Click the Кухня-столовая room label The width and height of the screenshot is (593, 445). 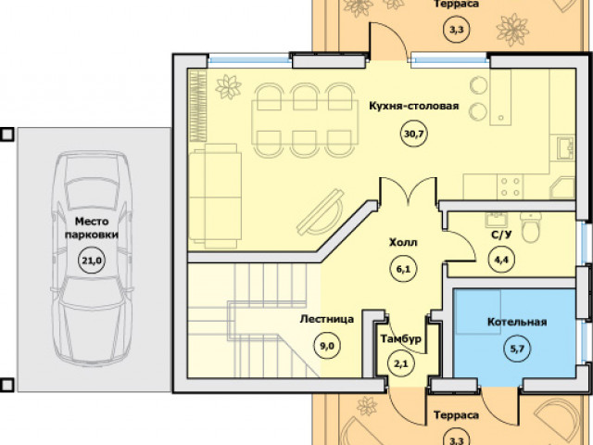[414, 106]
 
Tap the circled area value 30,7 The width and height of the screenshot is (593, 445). [414, 133]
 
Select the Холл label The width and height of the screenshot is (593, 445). [403, 242]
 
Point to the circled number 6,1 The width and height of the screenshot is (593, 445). [404, 270]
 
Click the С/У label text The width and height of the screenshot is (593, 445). [501, 235]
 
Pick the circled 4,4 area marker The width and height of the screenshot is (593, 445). [501, 260]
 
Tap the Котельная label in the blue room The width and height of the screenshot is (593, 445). [517, 322]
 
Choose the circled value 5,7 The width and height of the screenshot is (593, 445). [517, 349]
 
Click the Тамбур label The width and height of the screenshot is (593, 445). [400, 338]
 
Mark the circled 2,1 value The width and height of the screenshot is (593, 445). [401, 364]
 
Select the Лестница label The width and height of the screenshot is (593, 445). [327, 319]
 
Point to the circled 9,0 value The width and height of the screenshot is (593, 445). [327, 346]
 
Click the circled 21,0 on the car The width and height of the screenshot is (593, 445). [92, 261]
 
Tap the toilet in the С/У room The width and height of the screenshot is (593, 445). [531, 226]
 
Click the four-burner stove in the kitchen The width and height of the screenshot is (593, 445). [510, 187]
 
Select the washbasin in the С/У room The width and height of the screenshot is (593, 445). [497, 220]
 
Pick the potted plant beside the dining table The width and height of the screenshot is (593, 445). [228, 87]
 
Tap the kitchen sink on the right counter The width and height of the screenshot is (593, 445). [566, 148]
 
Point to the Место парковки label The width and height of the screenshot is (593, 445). [92, 228]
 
